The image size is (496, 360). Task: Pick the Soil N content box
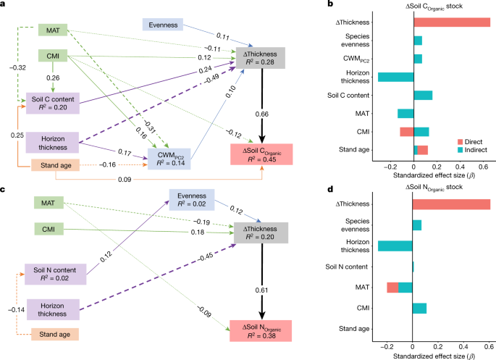pos(55,272)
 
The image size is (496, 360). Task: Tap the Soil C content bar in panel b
pos(423,95)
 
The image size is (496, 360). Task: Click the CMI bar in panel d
pos(419,309)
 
